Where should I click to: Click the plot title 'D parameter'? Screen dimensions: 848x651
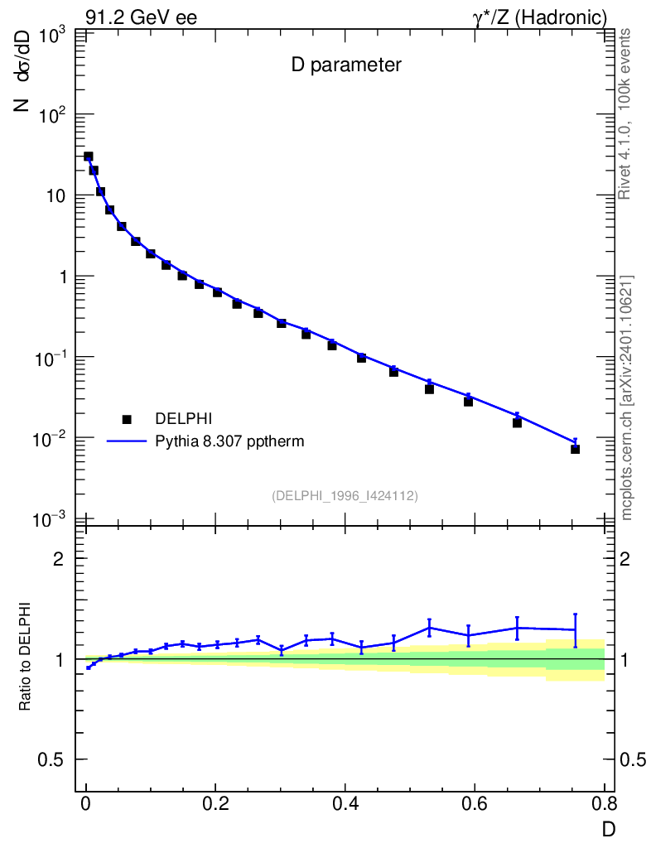[345, 65]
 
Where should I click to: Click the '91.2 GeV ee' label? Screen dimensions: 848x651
[141, 17]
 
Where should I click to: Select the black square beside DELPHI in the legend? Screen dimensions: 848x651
[127, 420]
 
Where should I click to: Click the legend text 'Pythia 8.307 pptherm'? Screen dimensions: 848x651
[230, 441]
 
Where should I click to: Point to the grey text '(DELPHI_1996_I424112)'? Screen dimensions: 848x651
[345, 495]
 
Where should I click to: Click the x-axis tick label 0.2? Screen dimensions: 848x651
[215, 805]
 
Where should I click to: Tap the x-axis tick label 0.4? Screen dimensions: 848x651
[345, 805]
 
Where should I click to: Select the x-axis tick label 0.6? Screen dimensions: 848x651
[474, 805]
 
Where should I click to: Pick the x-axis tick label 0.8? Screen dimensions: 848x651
[603, 805]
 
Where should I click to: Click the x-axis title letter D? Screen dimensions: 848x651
[608, 828]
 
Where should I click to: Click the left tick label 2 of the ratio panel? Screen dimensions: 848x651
[59, 559]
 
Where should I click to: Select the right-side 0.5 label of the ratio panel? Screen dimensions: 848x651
[634, 760]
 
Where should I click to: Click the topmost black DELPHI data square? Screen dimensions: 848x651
[88, 157]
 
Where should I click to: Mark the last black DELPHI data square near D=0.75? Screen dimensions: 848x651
[575, 449]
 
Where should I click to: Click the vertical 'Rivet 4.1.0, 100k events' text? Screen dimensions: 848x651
[625, 113]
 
